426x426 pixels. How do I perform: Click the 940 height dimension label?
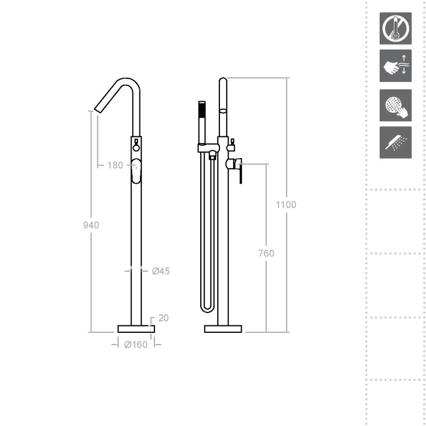[x=91, y=225]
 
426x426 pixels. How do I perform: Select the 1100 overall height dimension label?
[x=286, y=204]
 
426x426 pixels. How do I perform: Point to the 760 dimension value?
[x=266, y=253]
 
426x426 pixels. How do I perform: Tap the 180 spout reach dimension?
[x=115, y=165]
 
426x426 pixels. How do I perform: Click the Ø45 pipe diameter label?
[x=161, y=271]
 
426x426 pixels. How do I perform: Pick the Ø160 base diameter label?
[x=136, y=345]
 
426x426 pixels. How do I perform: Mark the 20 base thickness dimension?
[x=163, y=318]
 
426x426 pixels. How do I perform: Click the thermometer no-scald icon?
[x=395, y=28]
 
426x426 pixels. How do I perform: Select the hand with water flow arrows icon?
[x=395, y=65]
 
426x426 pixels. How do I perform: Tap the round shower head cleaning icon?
[x=395, y=105]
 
